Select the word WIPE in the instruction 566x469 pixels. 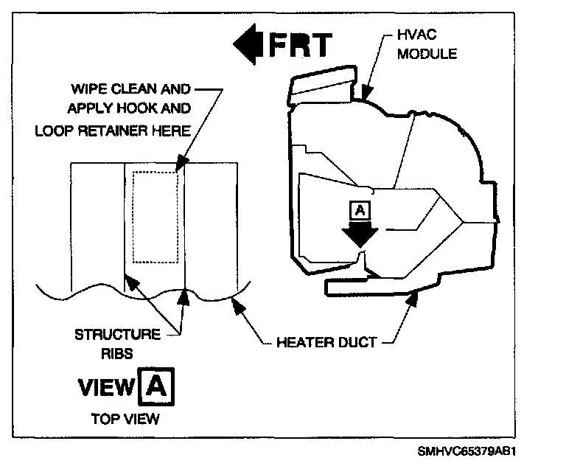[x=87, y=89]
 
